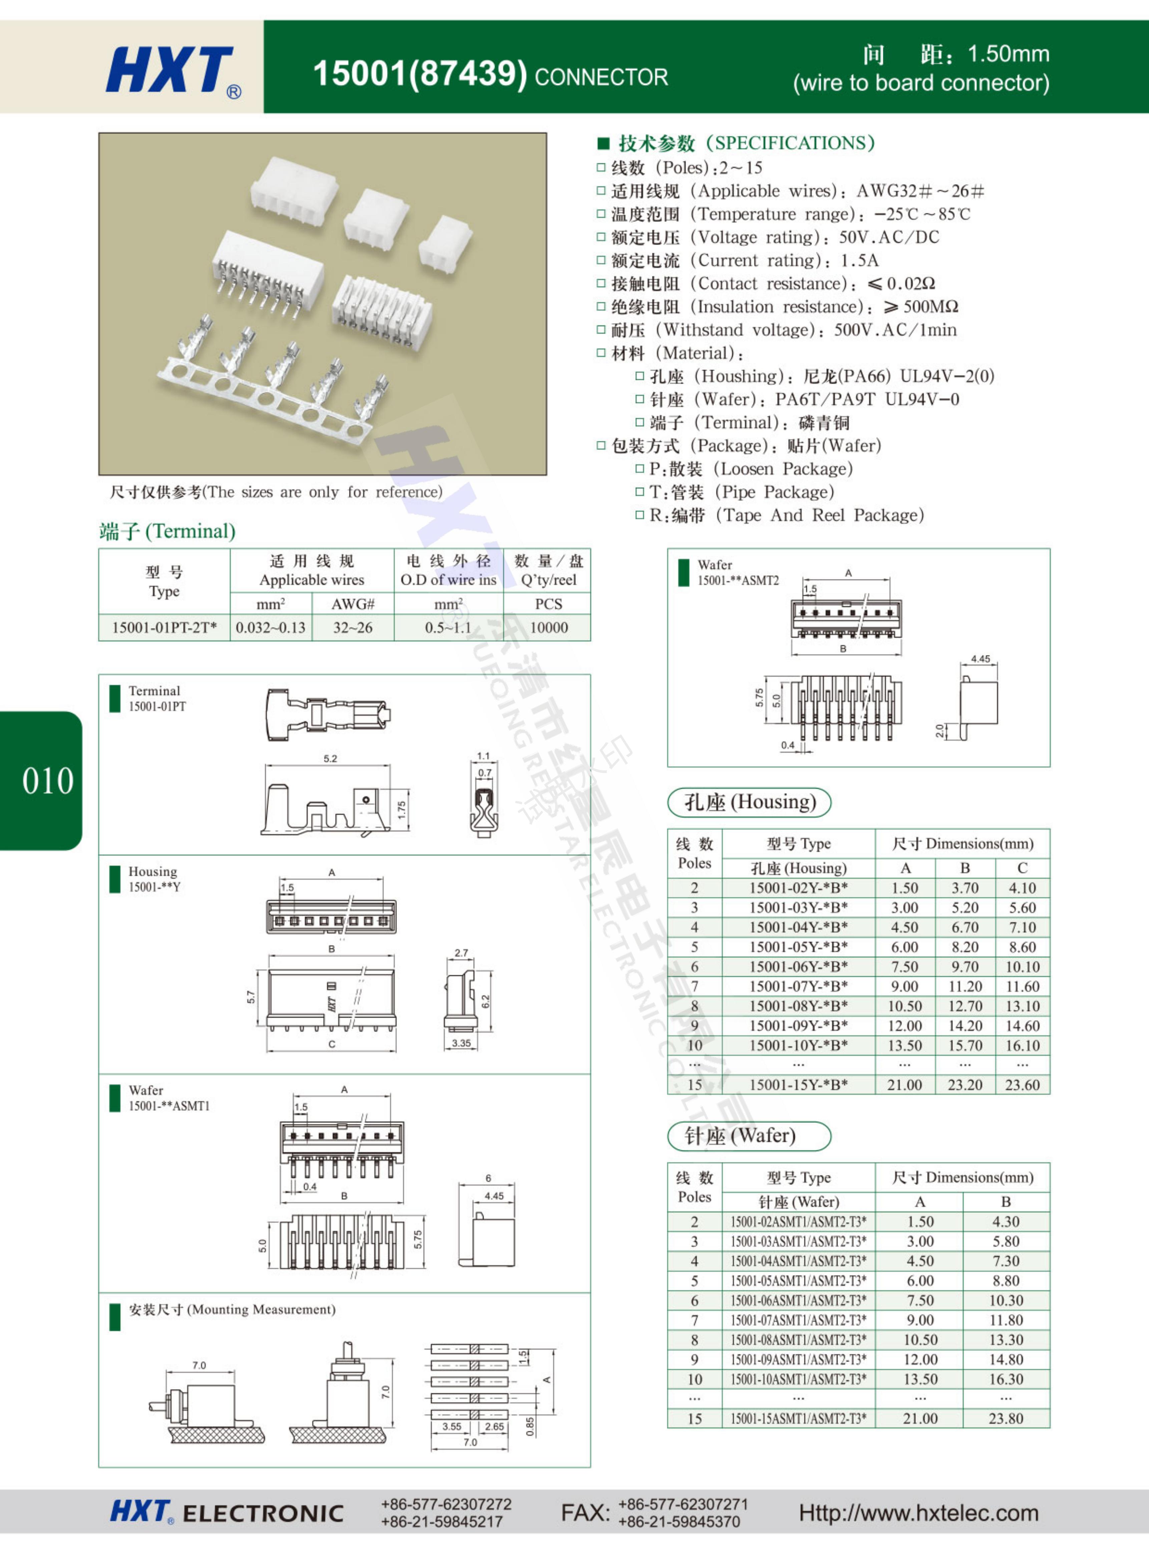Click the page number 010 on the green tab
(47, 781)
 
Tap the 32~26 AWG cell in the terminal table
(353, 627)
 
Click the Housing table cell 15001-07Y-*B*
(798, 986)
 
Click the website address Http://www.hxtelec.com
(918, 1513)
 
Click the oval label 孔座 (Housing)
(749, 802)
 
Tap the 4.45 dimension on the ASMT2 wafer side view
(980, 659)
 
